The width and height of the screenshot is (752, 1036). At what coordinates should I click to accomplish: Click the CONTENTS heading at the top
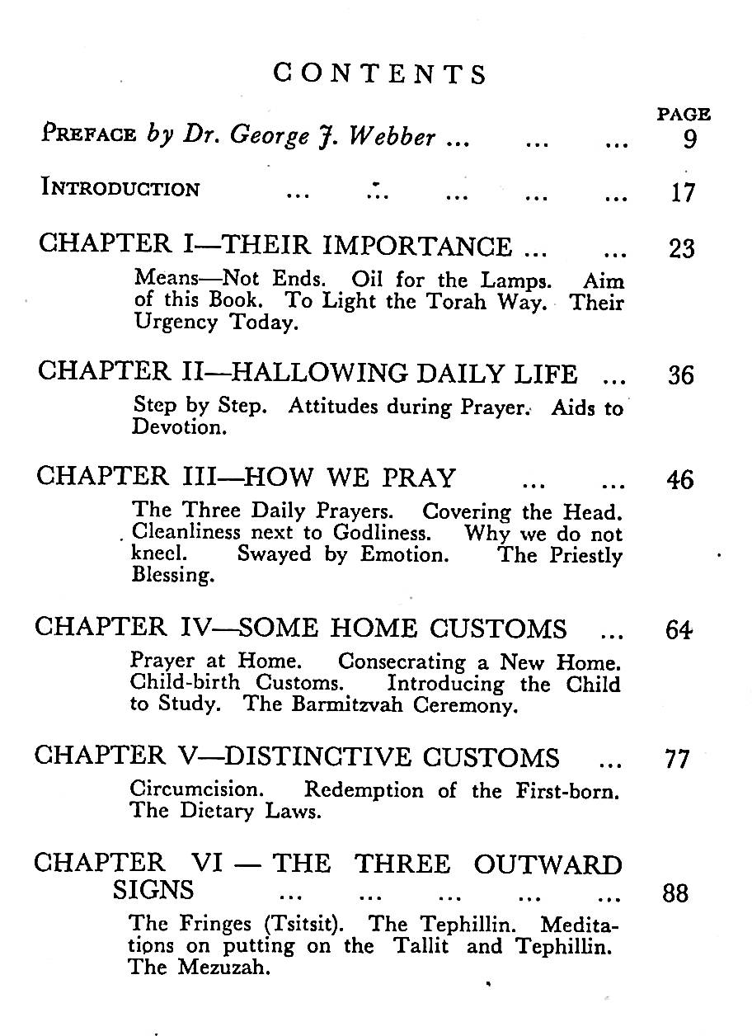(x=380, y=75)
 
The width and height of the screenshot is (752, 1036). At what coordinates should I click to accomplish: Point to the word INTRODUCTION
(x=120, y=189)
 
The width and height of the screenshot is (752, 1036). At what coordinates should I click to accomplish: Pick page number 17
(x=683, y=194)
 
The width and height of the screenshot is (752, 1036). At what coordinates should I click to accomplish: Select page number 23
(x=682, y=248)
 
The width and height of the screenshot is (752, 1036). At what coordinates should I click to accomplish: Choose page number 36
(x=681, y=376)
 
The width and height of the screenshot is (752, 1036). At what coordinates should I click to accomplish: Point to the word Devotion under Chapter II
(x=167, y=428)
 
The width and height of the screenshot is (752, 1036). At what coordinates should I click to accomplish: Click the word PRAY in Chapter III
(x=417, y=478)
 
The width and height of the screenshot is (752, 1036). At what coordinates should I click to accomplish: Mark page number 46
(x=680, y=480)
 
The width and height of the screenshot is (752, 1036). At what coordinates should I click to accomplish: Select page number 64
(x=679, y=632)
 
